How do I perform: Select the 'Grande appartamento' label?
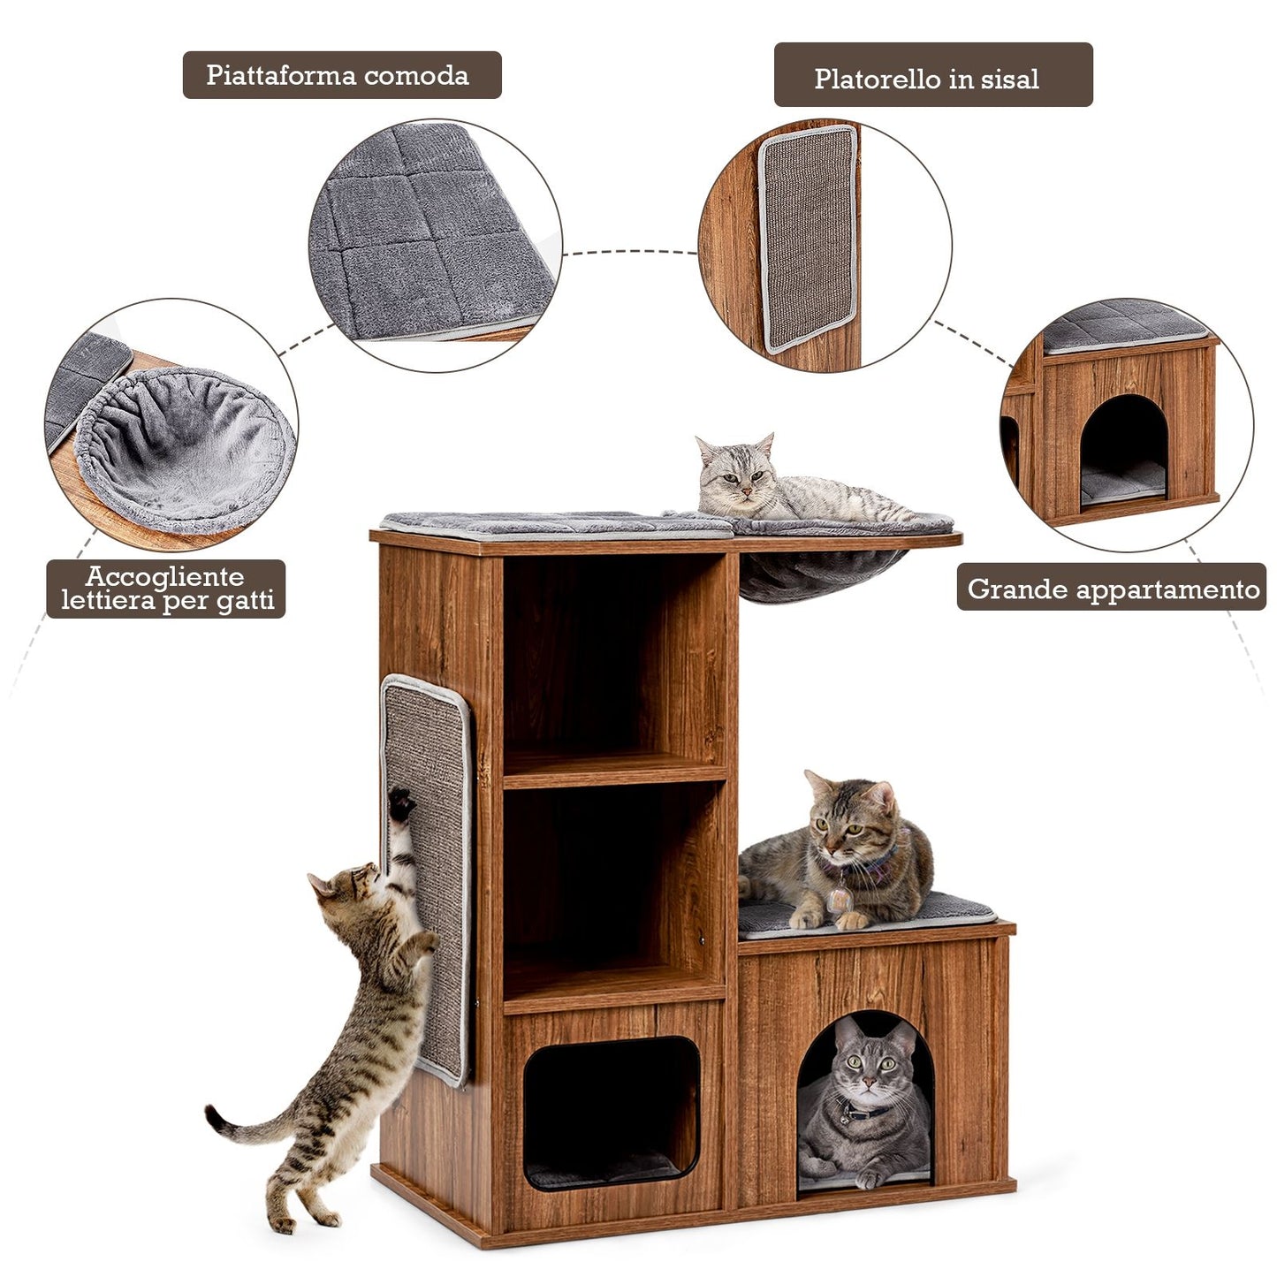pyautogui.click(x=1112, y=587)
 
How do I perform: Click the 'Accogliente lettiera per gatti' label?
pyautogui.click(x=165, y=589)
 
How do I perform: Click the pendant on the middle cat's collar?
pyautogui.click(x=840, y=900)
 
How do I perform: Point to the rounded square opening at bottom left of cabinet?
pyautogui.click(x=611, y=1114)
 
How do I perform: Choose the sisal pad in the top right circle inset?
pyautogui.click(x=808, y=239)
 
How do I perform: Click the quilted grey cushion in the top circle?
pyautogui.click(x=433, y=233)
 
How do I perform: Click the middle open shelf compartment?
pyautogui.click(x=614, y=889)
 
